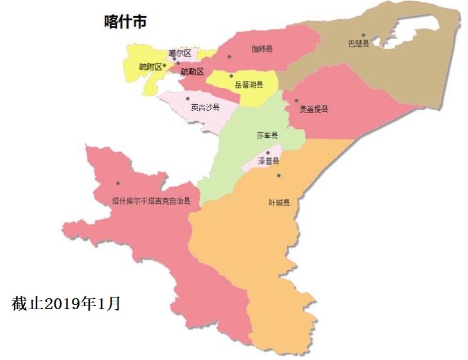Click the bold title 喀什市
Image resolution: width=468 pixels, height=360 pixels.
[x=126, y=23]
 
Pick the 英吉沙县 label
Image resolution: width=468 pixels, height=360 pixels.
[x=205, y=108]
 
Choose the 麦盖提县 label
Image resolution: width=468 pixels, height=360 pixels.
[x=314, y=109]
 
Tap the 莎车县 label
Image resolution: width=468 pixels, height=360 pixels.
[x=267, y=135]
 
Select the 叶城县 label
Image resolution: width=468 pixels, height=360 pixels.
[x=279, y=202]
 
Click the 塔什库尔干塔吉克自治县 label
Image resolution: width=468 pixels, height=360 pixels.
[x=151, y=201]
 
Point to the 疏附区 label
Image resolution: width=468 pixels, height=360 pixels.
[x=150, y=66]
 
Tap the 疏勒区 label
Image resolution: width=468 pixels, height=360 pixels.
[x=192, y=71]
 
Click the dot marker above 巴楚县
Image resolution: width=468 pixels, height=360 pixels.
[x=363, y=35]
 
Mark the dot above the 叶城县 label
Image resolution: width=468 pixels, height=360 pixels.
[x=279, y=176]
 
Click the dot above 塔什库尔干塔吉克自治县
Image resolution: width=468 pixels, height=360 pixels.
[x=118, y=183]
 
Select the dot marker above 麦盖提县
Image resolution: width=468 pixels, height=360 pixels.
[x=296, y=101]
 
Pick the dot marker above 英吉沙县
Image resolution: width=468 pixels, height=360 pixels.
[x=188, y=99]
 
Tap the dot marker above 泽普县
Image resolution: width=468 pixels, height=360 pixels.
[x=268, y=153]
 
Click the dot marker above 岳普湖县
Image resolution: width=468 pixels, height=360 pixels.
[x=231, y=76]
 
